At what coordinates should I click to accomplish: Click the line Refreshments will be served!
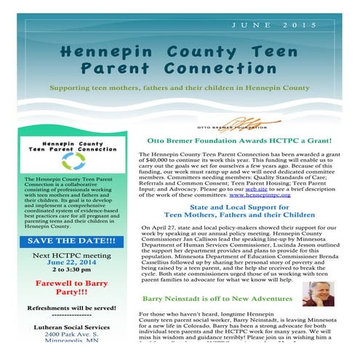(71, 308)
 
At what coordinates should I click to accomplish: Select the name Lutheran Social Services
(71, 327)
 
